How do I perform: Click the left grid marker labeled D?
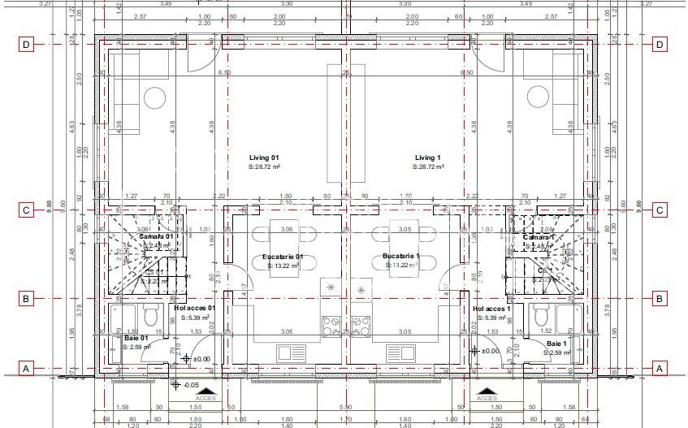click(x=27, y=45)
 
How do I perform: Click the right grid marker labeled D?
click(x=660, y=45)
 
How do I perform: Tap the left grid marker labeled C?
click(x=27, y=210)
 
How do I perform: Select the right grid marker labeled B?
click(x=660, y=299)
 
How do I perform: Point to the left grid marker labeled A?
click(x=27, y=369)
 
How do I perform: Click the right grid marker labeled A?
click(x=660, y=369)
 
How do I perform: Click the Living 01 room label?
click(x=264, y=158)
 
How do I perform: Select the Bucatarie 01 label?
click(x=283, y=257)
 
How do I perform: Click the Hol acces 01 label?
click(x=194, y=309)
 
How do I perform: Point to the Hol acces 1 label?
click(x=491, y=309)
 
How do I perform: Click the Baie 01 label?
click(x=136, y=338)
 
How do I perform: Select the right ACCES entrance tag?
click(x=486, y=398)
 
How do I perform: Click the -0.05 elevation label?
click(x=192, y=385)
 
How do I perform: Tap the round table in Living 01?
click(x=154, y=98)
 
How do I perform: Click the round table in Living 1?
click(x=536, y=98)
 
